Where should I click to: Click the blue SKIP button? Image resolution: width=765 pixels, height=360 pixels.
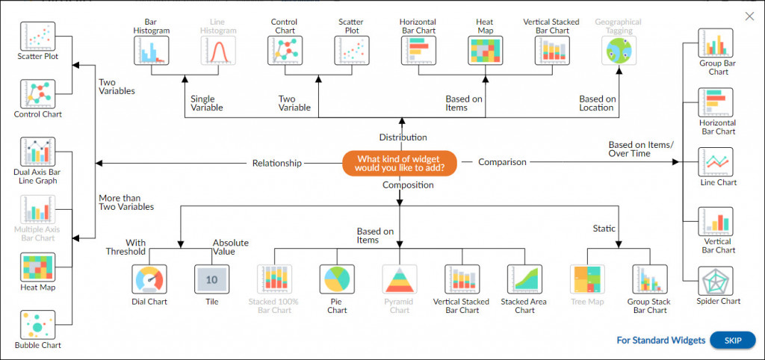[732, 340]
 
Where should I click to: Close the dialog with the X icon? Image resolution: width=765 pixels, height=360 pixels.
[749, 16]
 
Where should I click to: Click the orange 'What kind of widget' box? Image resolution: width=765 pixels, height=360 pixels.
[399, 163]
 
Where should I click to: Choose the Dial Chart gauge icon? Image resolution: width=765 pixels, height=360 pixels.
[150, 279]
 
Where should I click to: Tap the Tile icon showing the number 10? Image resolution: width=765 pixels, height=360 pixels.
[211, 279]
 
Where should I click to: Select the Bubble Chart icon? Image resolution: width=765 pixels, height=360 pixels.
[37, 326]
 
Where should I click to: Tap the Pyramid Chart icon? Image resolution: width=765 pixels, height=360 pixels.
[399, 279]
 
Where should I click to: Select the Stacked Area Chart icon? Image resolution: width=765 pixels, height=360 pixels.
[524, 279]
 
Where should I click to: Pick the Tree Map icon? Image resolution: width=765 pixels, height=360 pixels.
[587, 279]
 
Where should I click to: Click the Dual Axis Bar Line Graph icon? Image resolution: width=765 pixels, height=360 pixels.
[37, 153]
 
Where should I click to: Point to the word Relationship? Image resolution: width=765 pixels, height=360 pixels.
[277, 162]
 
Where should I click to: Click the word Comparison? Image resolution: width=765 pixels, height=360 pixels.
[502, 161]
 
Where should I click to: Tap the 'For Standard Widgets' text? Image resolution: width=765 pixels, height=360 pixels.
[660, 341]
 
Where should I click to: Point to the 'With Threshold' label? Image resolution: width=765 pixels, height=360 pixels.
[136, 247]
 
